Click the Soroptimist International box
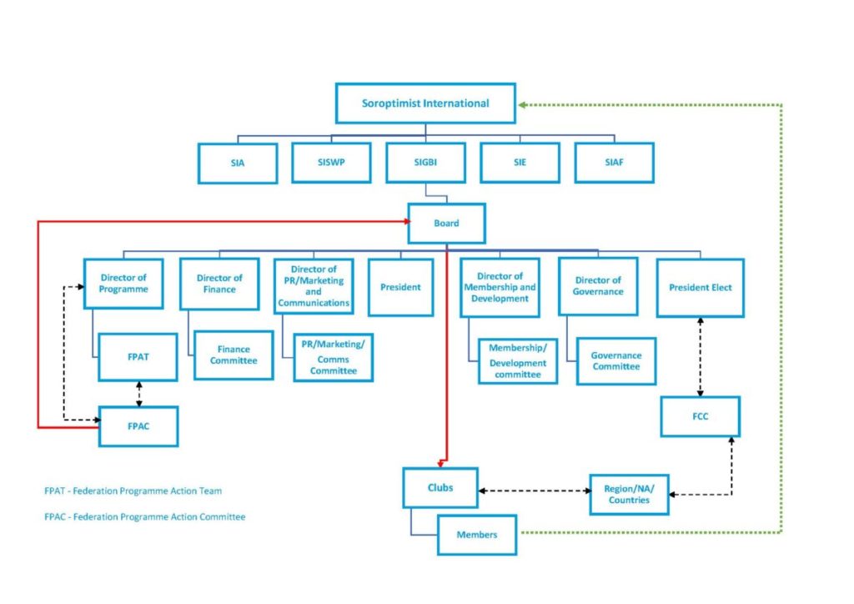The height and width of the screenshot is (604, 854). (x=425, y=104)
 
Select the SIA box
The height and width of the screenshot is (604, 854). (x=238, y=163)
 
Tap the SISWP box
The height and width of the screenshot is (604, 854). (x=331, y=163)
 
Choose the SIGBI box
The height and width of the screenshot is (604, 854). (x=425, y=163)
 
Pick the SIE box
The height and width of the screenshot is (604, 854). (x=520, y=163)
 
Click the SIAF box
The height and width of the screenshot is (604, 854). (x=615, y=163)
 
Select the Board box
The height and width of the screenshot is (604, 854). (x=446, y=223)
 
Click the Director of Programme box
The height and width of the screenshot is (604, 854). (x=123, y=284)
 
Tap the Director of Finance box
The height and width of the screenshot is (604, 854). (x=219, y=284)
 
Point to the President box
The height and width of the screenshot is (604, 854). (x=400, y=287)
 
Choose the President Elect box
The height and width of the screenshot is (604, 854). (x=700, y=288)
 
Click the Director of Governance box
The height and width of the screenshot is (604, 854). (x=598, y=286)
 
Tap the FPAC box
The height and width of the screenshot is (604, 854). (x=138, y=425)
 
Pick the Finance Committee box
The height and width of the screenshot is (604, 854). (x=234, y=355)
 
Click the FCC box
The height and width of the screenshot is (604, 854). (x=700, y=416)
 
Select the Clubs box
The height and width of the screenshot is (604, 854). (x=440, y=487)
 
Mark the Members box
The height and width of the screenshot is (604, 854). (x=476, y=534)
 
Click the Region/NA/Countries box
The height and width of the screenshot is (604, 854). (x=629, y=494)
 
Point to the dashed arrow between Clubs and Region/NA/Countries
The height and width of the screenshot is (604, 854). (x=534, y=491)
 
